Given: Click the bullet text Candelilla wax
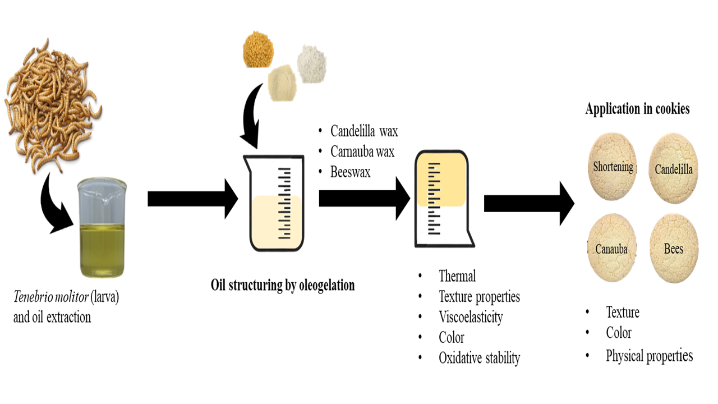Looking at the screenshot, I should (x=364, y=132).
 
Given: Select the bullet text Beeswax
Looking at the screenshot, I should (x=351, y=172).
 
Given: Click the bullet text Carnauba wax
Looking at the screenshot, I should (x=362, y=152).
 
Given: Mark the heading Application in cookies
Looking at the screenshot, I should (x=637, y=109).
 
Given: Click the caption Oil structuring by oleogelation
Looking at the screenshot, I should (x=283, y=285).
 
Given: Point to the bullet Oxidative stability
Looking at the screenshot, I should (x=479, y=358).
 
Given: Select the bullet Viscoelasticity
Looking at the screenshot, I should (x=471, y=317).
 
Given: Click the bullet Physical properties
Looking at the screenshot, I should (x=649, y=356).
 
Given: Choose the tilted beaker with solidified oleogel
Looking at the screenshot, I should (x=443, y=199).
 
